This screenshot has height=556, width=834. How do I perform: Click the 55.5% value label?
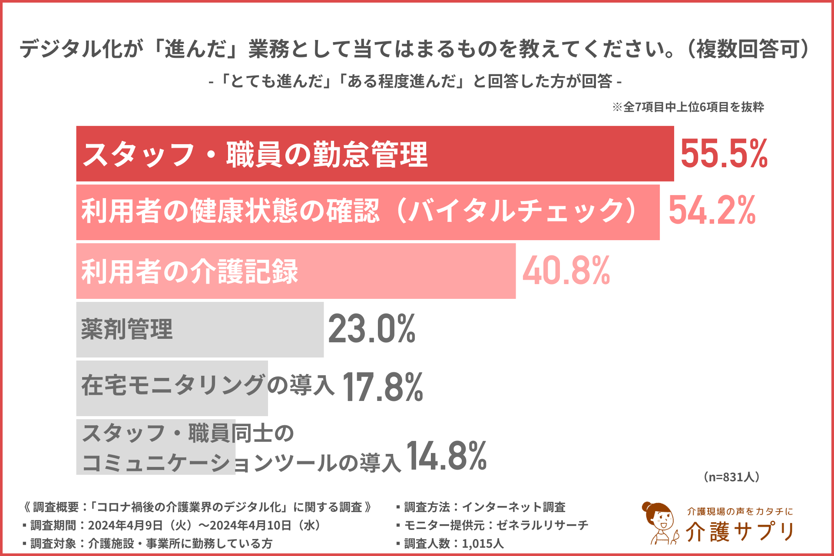[x=724, y=154]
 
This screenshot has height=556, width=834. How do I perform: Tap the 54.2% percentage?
[x=712, y=211]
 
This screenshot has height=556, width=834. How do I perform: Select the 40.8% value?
[x=566, y=271]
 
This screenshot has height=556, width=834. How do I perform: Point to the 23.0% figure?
[x=372, y=329]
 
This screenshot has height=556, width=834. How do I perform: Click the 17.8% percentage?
[x=383, y=387]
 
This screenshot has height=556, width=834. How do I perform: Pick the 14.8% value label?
[x=446, y=456]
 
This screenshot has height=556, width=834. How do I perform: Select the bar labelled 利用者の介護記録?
[x=391, y=271]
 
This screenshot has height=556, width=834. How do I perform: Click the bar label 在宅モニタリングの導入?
[x=208, y=386]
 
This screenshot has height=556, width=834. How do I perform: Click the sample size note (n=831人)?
[x=731, y=477]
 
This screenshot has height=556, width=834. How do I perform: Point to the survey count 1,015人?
[x=483, y=543]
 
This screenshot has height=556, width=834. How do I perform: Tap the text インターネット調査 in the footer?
[x=513, y=507]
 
